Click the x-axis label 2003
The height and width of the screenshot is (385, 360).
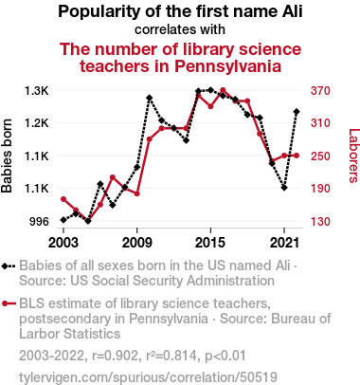pos(63,243)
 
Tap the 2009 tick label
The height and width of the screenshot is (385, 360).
pos(136,243)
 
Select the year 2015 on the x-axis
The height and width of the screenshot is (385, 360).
pos(210,243)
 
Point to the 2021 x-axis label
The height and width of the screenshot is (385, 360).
pos(284,243)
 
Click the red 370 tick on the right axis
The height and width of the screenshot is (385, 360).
pos(320,91)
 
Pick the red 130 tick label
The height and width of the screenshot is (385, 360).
pos(320,221)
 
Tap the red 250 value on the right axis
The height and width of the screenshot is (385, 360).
pos(320,156)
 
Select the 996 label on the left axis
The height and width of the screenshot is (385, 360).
pos(39,221)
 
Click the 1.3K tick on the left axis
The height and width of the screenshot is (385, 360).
pos(37,91)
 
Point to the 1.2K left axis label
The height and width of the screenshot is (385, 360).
pos(37,123)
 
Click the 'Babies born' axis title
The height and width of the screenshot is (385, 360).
pos(7,156)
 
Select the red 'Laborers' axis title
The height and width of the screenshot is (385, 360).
pos(353,156)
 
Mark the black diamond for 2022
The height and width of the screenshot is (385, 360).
pos(297,112)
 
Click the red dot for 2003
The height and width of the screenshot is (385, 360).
pos(63,199)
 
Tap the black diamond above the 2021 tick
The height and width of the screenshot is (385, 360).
pos(284,188)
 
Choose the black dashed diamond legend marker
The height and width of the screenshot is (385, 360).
pos(9,266)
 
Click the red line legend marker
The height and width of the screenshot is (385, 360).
pos(9,303)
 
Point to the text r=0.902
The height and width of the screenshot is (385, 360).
pos(116,356)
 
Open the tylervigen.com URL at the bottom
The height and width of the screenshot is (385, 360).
pos(148,376)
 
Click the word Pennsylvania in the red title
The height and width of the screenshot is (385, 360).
pos(228,66)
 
